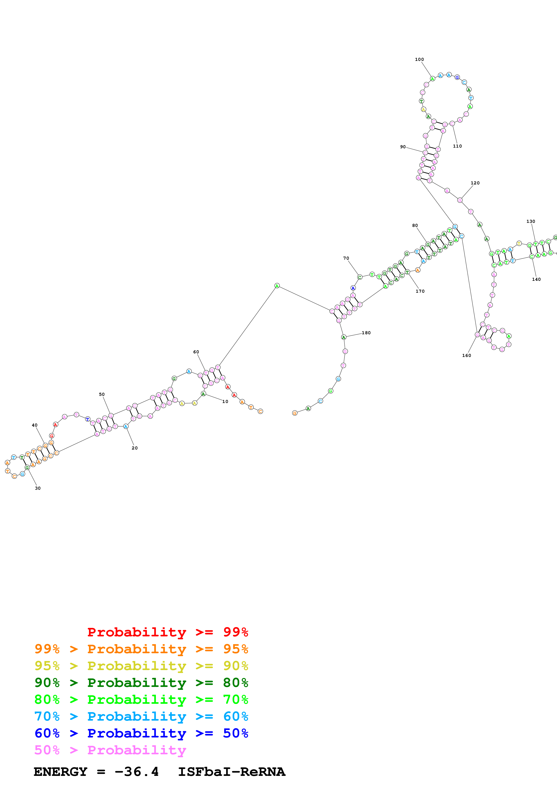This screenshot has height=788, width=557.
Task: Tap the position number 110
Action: coord(457,146)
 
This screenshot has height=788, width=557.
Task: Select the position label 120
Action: coord(475,183)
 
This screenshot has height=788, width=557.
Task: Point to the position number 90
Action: coord(403,147)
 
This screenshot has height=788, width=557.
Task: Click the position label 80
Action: coord(415,226)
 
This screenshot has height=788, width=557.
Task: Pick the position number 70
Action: coord(346,258)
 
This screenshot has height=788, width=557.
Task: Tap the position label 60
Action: coord(196,352)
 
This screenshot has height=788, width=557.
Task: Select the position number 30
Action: coord(38,488)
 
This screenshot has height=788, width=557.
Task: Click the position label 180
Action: coord(366,333)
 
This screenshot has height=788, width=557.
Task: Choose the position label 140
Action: coord(536,279)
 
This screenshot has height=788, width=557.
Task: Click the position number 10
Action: coord(225,402)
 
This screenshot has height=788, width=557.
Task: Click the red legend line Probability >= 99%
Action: coord(167,632)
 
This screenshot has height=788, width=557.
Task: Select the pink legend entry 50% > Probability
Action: coord(110,750)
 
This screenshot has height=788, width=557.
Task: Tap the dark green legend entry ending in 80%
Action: coord(141,683)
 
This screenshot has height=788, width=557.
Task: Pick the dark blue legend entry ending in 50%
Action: coord(141,733)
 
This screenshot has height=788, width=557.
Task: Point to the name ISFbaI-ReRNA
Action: coord(231,772)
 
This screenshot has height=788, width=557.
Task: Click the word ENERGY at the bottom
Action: coord(60,772)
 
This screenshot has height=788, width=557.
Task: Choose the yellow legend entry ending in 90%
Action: coord(141,666)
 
